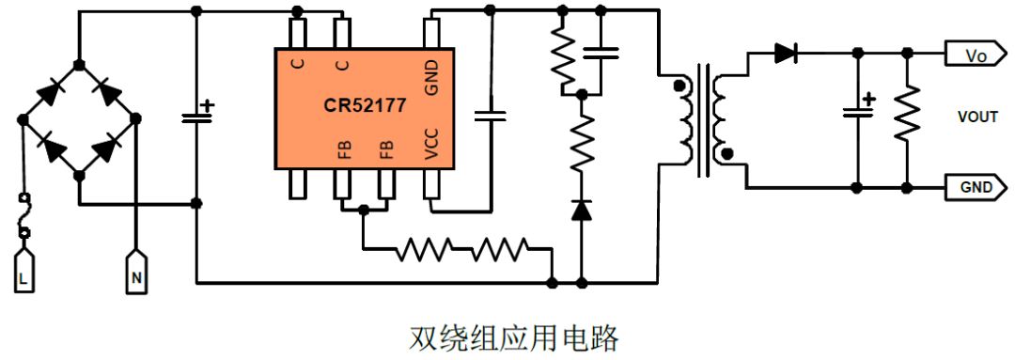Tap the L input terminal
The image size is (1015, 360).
click(x=25, y=273)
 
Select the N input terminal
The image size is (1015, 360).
click(x=136, y=273)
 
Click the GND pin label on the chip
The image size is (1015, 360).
click(x=432, y=77)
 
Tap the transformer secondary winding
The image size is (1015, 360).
click(x=721, y=119)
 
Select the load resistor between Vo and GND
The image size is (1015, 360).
click(x=906, y=115)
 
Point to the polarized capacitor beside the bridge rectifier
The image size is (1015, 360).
click(x=196, y=116)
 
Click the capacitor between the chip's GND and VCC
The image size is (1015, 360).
click(x=490, y=116)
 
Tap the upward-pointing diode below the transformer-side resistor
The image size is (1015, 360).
click(x=582, y=209)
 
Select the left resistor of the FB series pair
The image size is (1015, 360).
click(x=424, y=250)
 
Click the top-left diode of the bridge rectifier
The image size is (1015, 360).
click(x=51, y=92)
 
